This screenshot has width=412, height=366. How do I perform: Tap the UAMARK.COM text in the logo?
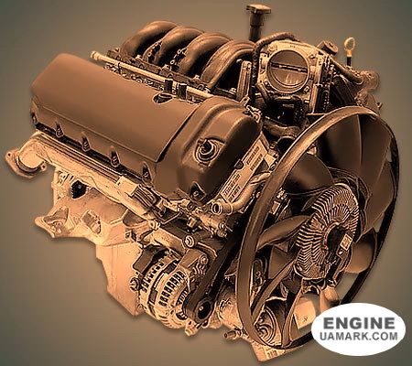(359, 336)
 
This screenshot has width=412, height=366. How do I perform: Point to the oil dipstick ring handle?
(351, 45)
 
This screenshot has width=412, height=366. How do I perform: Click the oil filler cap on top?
(259, 9)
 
